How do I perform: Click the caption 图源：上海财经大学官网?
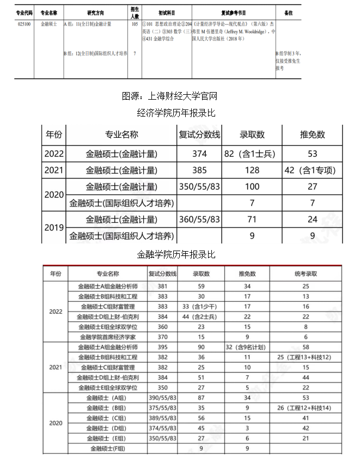pos(169,96)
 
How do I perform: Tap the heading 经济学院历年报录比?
pos(176,113)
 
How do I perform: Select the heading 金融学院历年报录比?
pos(176,254)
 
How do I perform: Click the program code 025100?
pos(24,24)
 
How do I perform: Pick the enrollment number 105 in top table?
pos(135,24)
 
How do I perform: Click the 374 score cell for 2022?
pos(199,154)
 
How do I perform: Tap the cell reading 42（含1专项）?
pos(310,170)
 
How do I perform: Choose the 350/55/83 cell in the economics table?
pos(199,187)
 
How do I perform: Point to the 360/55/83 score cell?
pos(199,220)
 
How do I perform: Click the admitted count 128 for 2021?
pos(252,170)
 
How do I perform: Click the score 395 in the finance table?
pos(162,347)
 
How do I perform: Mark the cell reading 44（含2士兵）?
pos(201,316)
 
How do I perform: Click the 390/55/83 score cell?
pos(162,398)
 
